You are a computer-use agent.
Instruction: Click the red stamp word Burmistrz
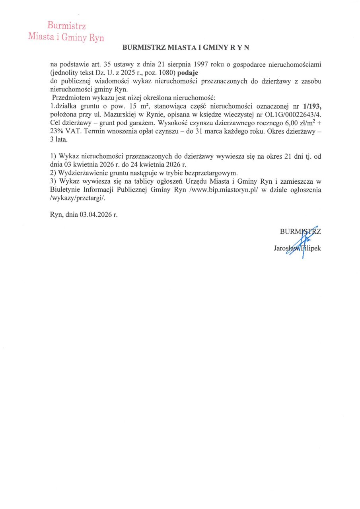point(67,26)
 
